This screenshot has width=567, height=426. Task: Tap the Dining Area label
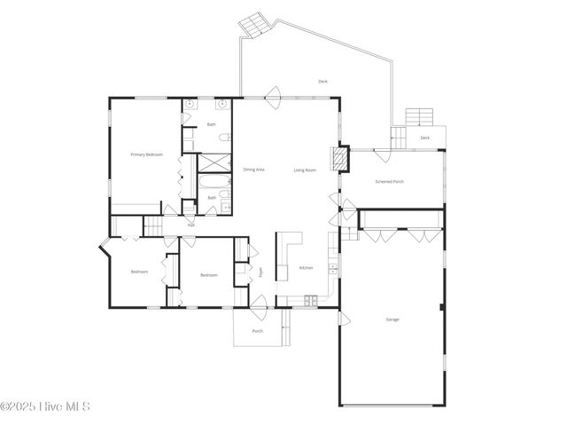point(253,169)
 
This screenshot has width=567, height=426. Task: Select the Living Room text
point(305,169)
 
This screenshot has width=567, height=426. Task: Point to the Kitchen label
point(306,267)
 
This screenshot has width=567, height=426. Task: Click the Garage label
point(392,319)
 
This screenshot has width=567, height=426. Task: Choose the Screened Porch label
point(390,181)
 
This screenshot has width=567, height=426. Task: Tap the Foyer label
point(260,272)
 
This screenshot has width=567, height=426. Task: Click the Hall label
point(190,225)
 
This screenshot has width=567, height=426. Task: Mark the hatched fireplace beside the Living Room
point(338,159)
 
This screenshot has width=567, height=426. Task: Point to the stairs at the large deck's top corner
point(254,24)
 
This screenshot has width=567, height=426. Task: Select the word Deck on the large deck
point(322,82)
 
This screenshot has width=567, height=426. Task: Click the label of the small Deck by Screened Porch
point(424,138)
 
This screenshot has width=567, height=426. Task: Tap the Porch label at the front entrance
point(257,331)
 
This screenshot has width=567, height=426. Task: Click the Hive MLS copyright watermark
point(45,406)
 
